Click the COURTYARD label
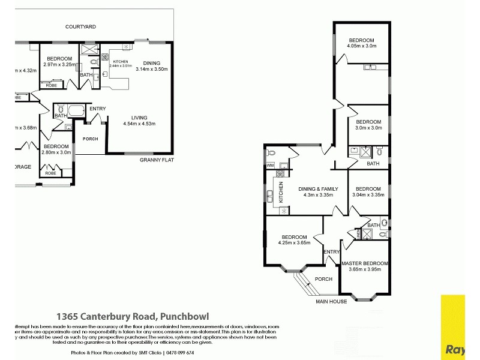(81, 27)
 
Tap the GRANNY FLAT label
(157, 160)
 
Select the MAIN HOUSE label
(332, 301)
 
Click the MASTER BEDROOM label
(365, 263)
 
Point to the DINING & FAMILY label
(318, 189)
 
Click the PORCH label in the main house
(323, 279)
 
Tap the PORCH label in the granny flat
(90, 139)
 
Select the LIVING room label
(139, 118)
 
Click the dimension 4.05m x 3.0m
(361, 46)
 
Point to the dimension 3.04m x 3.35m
(368, 195)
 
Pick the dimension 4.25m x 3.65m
(294, 242)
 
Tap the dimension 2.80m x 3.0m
(56, 152)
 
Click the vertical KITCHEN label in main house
(280, 191)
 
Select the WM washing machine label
(269, 165)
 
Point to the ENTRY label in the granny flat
(97, 109)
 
